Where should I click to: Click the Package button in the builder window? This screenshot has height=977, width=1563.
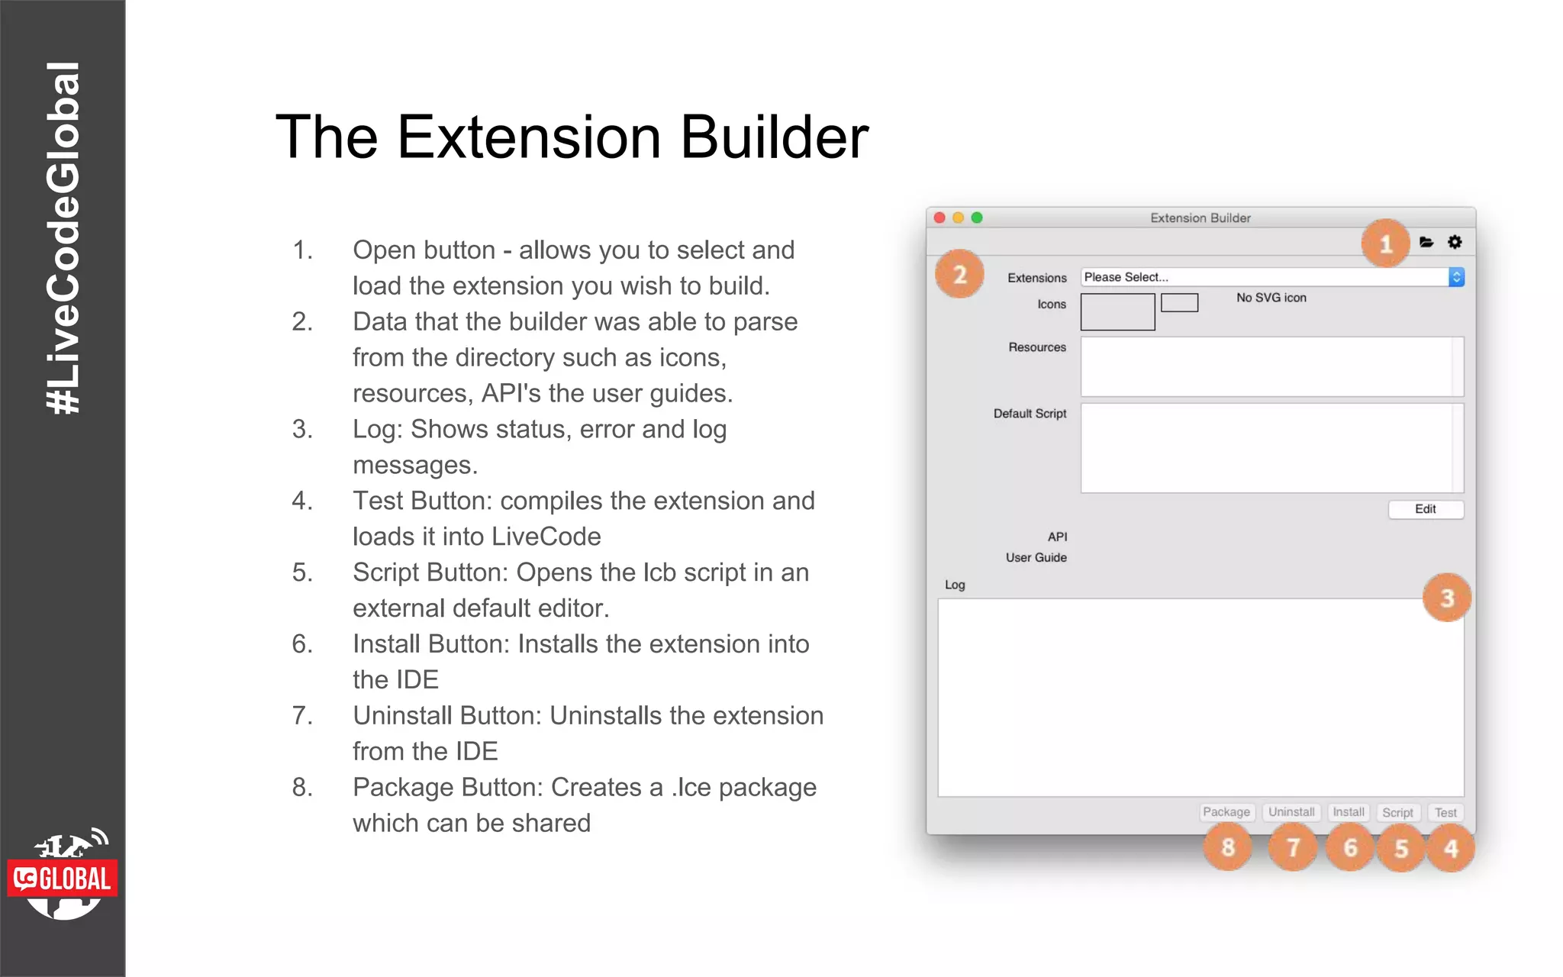coord(1226,812)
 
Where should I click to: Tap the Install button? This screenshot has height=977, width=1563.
coord(1348,812)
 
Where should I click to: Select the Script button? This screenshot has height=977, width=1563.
coord(1397,813)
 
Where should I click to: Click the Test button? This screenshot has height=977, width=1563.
coord(1445,813)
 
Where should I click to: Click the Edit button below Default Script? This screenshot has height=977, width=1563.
coord(1425,509)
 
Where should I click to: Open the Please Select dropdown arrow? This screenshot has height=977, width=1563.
coord(1456,277)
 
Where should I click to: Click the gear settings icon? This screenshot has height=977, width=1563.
coord(1455,242)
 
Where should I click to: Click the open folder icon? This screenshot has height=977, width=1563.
coord(1426,242)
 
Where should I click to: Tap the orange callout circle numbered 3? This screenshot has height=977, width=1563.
coord(1446,598)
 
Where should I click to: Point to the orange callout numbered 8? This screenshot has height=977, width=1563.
coord(1227,847)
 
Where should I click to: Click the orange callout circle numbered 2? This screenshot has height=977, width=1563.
coord(959,274)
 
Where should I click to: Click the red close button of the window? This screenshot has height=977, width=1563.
coord(939,218)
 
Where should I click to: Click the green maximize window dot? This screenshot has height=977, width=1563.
coord(977,218)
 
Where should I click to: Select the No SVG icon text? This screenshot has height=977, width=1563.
coord(1271,298)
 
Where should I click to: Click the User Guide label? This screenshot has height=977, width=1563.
coord(1036,558)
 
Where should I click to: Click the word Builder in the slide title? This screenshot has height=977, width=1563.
coord(773,137)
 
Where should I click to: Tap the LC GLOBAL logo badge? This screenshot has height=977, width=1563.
coord(63,879)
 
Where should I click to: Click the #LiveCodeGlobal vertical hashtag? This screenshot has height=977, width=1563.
coord(63,237)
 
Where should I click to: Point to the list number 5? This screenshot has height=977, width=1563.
coord(302,572)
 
